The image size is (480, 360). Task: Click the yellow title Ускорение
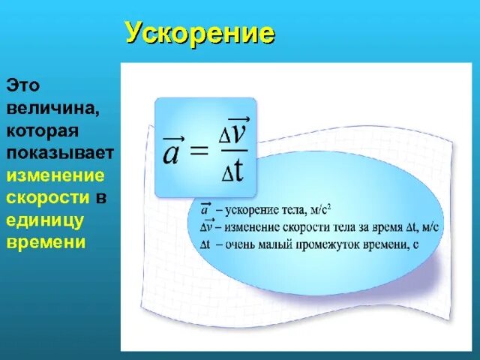199,33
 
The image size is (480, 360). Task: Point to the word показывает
59,153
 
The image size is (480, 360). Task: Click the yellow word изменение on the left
55,175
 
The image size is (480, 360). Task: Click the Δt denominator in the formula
235,171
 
